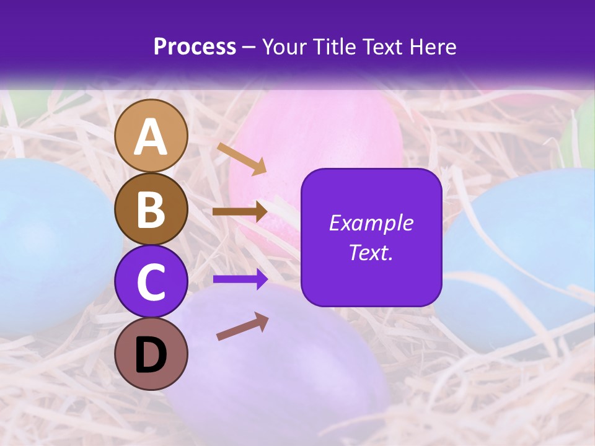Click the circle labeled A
point(151,136)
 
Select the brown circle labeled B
point(151,209)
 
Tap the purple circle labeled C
point(151,281)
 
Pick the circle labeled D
point(151,354)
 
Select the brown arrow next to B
point(240,211)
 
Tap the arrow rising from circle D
point(242,326)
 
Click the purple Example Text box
point(371,237)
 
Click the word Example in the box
point(371,223)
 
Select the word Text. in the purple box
point(371,253)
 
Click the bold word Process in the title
point(195,47)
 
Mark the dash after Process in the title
point(249,48)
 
